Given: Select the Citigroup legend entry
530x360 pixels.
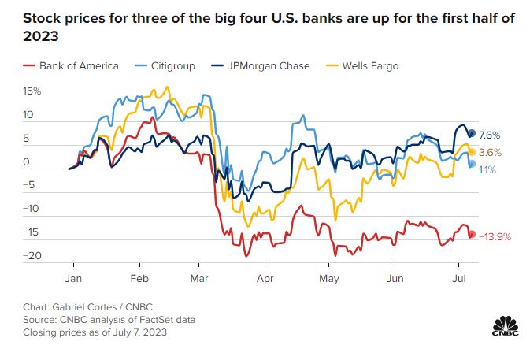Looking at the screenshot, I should click(176, 66).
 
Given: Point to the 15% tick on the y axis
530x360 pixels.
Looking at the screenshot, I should click(32, 91).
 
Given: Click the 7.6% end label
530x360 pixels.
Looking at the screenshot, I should click(490, 135).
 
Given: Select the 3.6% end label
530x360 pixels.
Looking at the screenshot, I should click(490, 152).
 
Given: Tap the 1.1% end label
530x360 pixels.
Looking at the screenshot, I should click(488, 169).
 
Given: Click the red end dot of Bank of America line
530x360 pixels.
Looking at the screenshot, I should click(472, 234).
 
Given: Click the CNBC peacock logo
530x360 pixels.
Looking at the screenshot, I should click(504, 325).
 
